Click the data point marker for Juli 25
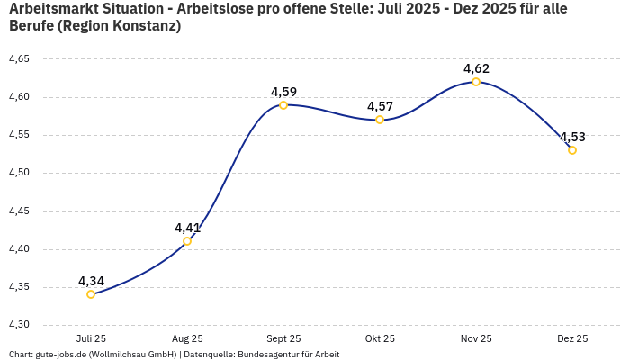point(91,294)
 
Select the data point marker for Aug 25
point(187,241)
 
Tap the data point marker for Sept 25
point(283,105)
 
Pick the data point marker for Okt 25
point(380,120)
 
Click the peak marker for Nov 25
point(476,82)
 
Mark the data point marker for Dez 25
point(572,150)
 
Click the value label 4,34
point(91,281)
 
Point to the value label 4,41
point(187,228)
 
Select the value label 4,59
point(283,92)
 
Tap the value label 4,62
point(476,68)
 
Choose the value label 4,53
point(572,137)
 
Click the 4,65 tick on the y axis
point(19,59)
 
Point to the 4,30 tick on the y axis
point(19,325)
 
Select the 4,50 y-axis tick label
point(19,173)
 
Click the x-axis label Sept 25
point(283,338)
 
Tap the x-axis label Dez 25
point(572,338)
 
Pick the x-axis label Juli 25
point(91,338)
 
